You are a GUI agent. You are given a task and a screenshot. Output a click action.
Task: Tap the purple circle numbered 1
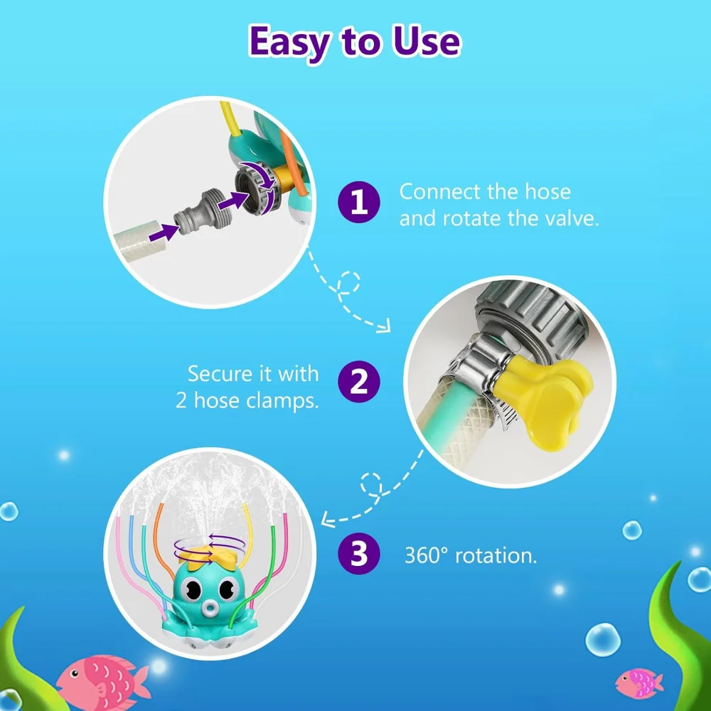tap(360, 203)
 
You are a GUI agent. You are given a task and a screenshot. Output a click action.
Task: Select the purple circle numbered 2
tap(360, 385)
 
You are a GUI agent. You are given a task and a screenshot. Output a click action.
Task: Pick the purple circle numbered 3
tap(360, 555)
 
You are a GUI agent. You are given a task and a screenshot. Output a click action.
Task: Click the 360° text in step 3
tap(427, 555)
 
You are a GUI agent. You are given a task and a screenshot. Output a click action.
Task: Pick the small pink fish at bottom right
tap(637, 683)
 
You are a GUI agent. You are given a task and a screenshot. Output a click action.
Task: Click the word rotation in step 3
tap(495, 555)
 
